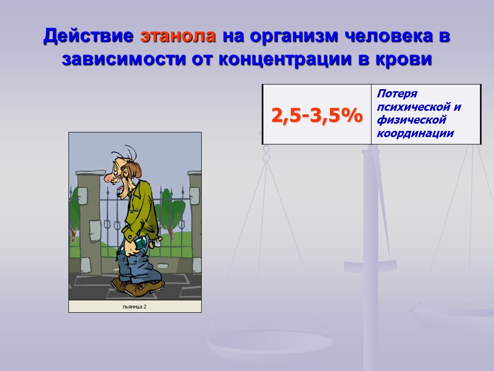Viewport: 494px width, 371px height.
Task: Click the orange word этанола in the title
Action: (178, 36)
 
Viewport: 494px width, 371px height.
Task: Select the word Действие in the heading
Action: (89, 36)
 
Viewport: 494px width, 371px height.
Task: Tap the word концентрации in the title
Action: (285, 59)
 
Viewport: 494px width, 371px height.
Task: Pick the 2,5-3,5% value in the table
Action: (316, 115)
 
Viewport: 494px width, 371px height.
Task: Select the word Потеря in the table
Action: (397, 94)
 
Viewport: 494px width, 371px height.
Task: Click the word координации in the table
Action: (415, 133)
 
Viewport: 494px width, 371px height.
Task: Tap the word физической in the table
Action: (412, 120)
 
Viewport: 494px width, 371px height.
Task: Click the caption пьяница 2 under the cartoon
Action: (134, 307)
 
